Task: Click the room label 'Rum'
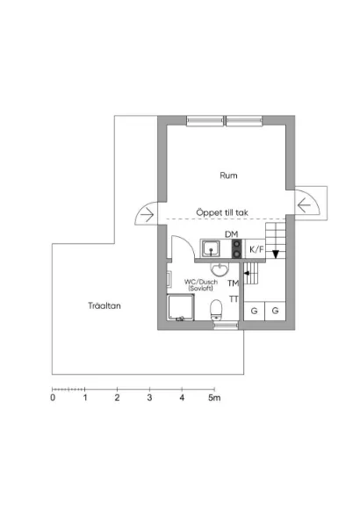pyautogui.click(x=228, y=176)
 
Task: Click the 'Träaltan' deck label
pyautogui.click(x=104, y=306)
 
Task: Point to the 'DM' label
pyautogui.click(x=231, y=234)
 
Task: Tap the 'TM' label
pyautogui.click(x=233, y=283)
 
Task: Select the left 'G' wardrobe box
pyautogui.click(x=255, y=312)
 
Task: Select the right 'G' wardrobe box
pyautogui.click(x=275, y=312)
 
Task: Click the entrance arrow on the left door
pyautogui.click(x=147, y=213)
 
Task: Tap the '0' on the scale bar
pyautogui.click(x=53, y=398)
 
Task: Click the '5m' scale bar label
pyautogui.click(x=214, y=398)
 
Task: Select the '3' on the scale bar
pyautogui.click(x=149, y=398)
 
